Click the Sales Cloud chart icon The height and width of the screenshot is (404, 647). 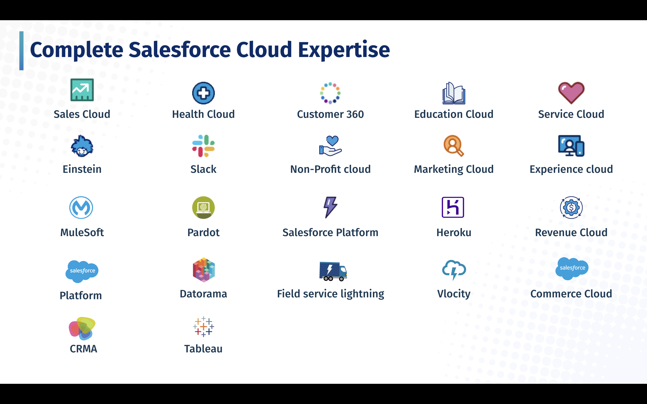[82, 90]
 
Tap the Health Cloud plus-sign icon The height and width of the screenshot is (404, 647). [204, 93]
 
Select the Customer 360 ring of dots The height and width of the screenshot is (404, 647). [330, 93]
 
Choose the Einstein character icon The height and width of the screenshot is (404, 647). [82, 146]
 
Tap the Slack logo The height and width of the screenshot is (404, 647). [204, 146]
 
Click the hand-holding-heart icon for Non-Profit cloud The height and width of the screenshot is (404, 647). [330, 146]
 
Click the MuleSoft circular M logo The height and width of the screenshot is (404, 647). [81, 208]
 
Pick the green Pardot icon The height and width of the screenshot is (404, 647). [204, 208]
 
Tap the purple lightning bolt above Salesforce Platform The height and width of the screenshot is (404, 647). [330, 207]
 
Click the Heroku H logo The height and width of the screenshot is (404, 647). [453, 207]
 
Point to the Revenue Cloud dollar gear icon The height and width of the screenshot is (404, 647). [571, 208]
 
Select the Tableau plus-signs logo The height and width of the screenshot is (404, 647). [204, 327]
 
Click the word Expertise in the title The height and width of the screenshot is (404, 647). [344, 50]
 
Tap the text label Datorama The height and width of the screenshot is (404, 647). [204, 294]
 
